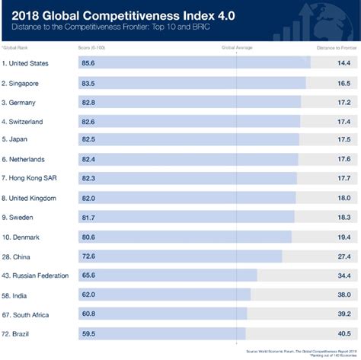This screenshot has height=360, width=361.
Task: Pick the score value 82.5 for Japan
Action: pos(91,139)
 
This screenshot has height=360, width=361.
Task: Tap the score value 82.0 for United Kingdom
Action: pos(91,197)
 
